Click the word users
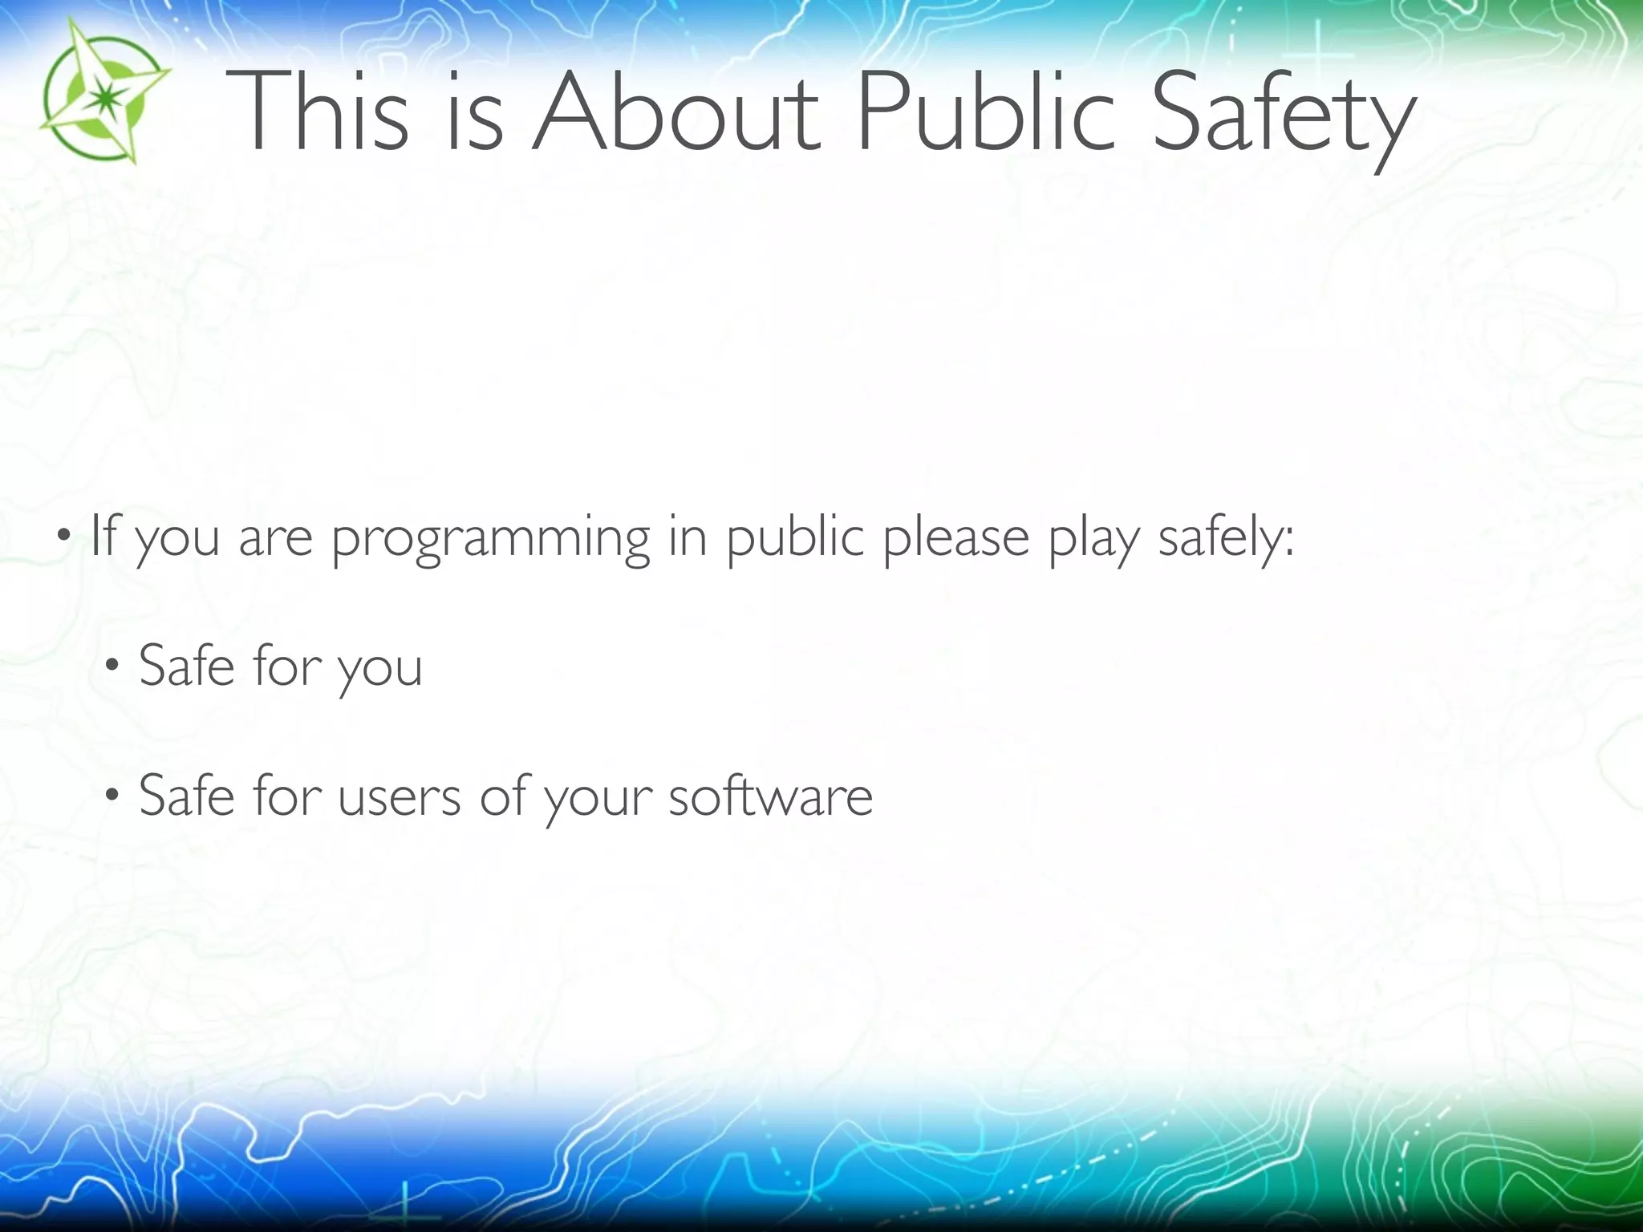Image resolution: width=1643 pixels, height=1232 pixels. click(x=400, y=796)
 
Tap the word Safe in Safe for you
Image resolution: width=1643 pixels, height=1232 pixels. click(x=186, y=665)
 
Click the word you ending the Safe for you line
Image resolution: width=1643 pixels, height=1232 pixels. click(x=379, y=671)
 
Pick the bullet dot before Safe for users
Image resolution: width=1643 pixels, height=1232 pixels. click(x=112, y=796)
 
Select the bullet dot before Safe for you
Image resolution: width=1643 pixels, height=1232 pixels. click(x=112, y=665)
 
